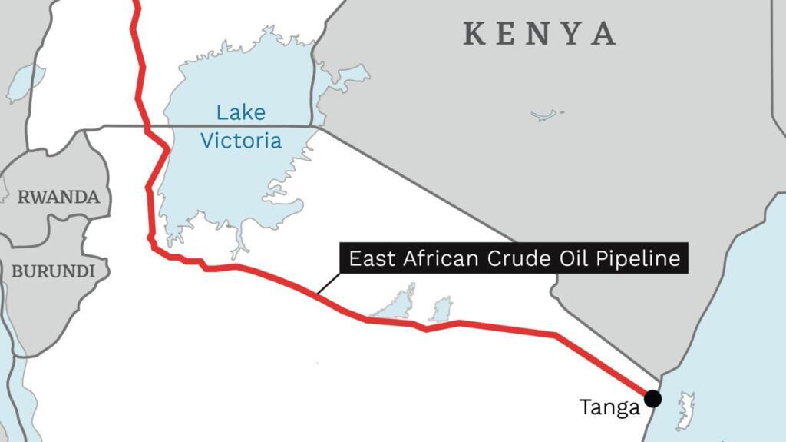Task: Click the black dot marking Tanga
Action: (652, 398)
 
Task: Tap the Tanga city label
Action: (609, 407)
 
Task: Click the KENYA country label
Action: (540, 34)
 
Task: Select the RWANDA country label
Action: (58, 197)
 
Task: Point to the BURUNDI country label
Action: (53, 271)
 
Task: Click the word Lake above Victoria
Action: (240, 113)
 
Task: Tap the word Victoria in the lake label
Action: (240, 141)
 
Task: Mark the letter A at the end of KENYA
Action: (605, 34)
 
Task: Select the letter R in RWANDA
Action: (23, 197)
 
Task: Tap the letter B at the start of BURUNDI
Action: (16, 271)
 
